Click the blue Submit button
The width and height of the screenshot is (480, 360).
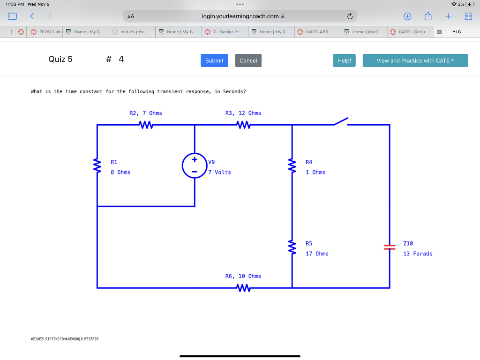pyautogui.click(x=214, y=60)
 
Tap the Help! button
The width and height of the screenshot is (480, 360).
pyautogui.click(x=344, y=60)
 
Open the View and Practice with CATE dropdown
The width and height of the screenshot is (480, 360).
pyautogui.click(x=415, y=60)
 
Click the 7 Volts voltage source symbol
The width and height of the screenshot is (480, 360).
pyautogui.click(x=195, y=165)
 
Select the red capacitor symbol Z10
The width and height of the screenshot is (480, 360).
pyautogui.click(x=389, y=247)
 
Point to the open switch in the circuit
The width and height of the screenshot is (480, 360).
pyautogui.click(x=341, y=122)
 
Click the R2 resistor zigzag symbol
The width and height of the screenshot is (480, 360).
pyautogui.click(x=146, y=125)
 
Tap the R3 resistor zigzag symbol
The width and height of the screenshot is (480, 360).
pyautogui.click(x=243, y=125)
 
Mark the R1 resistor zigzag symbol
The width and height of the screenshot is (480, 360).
pyautogui.click(x=97, y=165)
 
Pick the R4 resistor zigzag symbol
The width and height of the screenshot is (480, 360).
pyautogui.click(x=292, y=165)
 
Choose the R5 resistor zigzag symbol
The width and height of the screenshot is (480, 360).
pyautogui.click(x=292, y=247)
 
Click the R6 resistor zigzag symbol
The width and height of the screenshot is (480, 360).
pyautogui.click(x=243, y=287)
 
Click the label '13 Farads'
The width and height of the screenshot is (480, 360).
pyautogui.click(x=418, y=254)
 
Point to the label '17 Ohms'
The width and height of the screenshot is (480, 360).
pyautogui.click(x=317, y=254)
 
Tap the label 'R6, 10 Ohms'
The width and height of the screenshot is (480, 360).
pyautogui.click(x=243, y=276)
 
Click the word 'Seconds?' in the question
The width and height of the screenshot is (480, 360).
pyautogui.click(x=234, y=91)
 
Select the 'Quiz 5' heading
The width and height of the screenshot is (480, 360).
pyautogui.click(x=60, y=59)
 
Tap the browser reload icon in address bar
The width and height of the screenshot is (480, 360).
pyautogui.click(x=350, y=16)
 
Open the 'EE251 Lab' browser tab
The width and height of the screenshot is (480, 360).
pyautogui.click(x=46, y=32)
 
